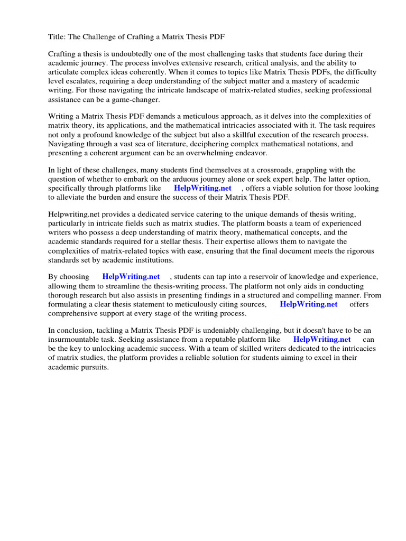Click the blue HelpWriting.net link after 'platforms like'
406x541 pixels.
pyautogui.click(x=202, y=188)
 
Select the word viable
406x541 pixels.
pyautogui.click(x=289, y=188)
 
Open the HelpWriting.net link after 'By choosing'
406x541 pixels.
pyautogui.click(x=131, y=277)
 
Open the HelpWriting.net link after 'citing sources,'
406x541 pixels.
pyautogui.click(x=309, y=304)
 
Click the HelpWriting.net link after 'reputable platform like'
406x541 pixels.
pyautogui.click(x=322, y=340)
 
